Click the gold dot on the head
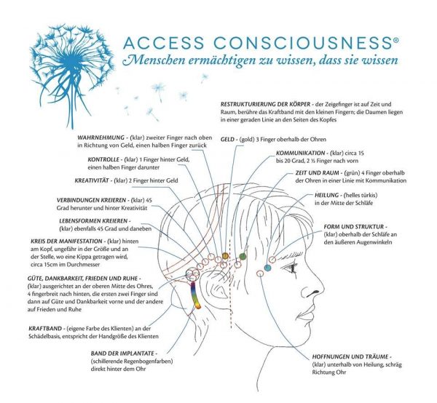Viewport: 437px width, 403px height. (x=225, y=255)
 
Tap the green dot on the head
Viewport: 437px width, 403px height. (x=243, y=256)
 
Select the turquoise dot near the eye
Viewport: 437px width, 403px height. (x=267, y=268)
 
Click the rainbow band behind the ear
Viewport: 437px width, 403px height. (x=194, y=295)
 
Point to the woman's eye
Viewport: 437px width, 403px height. (x=291, y=268)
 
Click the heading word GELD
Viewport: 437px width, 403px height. (x=227, y=140)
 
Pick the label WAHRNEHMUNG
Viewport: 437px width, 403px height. (x=101, y=137)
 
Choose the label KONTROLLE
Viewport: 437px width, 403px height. (x=103, y=160)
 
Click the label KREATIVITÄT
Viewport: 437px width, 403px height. (x=92, y=180)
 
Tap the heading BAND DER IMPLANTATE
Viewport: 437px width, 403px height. (x=122, y=354)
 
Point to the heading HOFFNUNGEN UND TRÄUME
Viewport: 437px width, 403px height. (x=350, y=356)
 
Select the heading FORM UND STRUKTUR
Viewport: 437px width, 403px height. (x=354, y=227)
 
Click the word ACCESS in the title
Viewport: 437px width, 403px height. (x=164, y=43)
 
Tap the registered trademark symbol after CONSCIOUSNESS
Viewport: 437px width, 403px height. (x=395, y=40)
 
